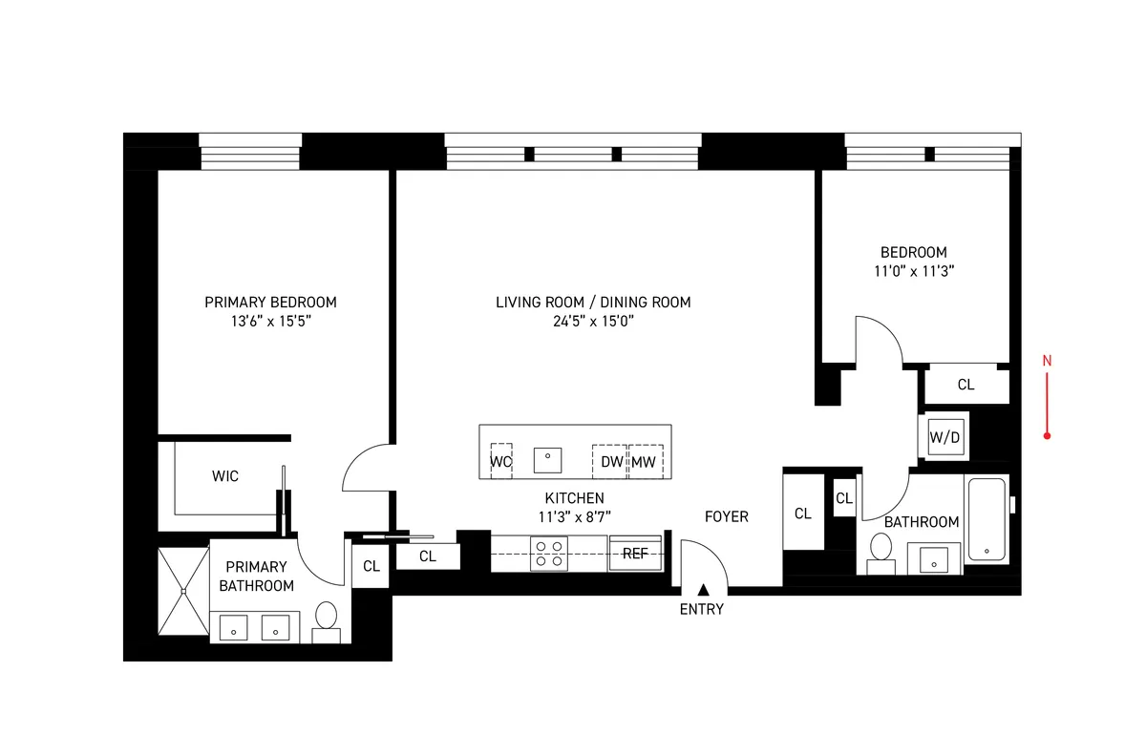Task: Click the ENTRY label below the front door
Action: pyautogui.click(x=702, y=609)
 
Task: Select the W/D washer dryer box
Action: pyautogui.click(x=944, y=437)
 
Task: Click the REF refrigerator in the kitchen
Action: pyautogui.click(x=635, y=554)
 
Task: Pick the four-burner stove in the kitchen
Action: pyautogui.click(x=549, y=554)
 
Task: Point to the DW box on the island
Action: pyautogui.click(x=610, y=462)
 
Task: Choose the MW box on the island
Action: pyautogui.click(x=646, y=462)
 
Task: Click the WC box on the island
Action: pyautogui.click(x=500, y=462)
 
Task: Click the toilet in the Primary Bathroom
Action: pyautogui.click(x=327, y=620)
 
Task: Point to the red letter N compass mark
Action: pyautogui.click(x=1047, y=361)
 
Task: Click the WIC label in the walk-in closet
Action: pyautogui.click(x=225, y=475)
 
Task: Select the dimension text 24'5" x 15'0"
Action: pyautogui.click(x=592, y=322)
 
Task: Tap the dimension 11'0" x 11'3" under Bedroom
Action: pyautogui.click(x=913, y=271)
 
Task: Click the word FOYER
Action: pyautogui.click(x=726, y=516)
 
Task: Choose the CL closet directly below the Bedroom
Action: pyautogui.click(x=966, y=385)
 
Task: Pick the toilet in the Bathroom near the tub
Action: pyautogui.click(x=881, y=552)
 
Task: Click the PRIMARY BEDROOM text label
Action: pyautogui.click(x=270, y=302)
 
